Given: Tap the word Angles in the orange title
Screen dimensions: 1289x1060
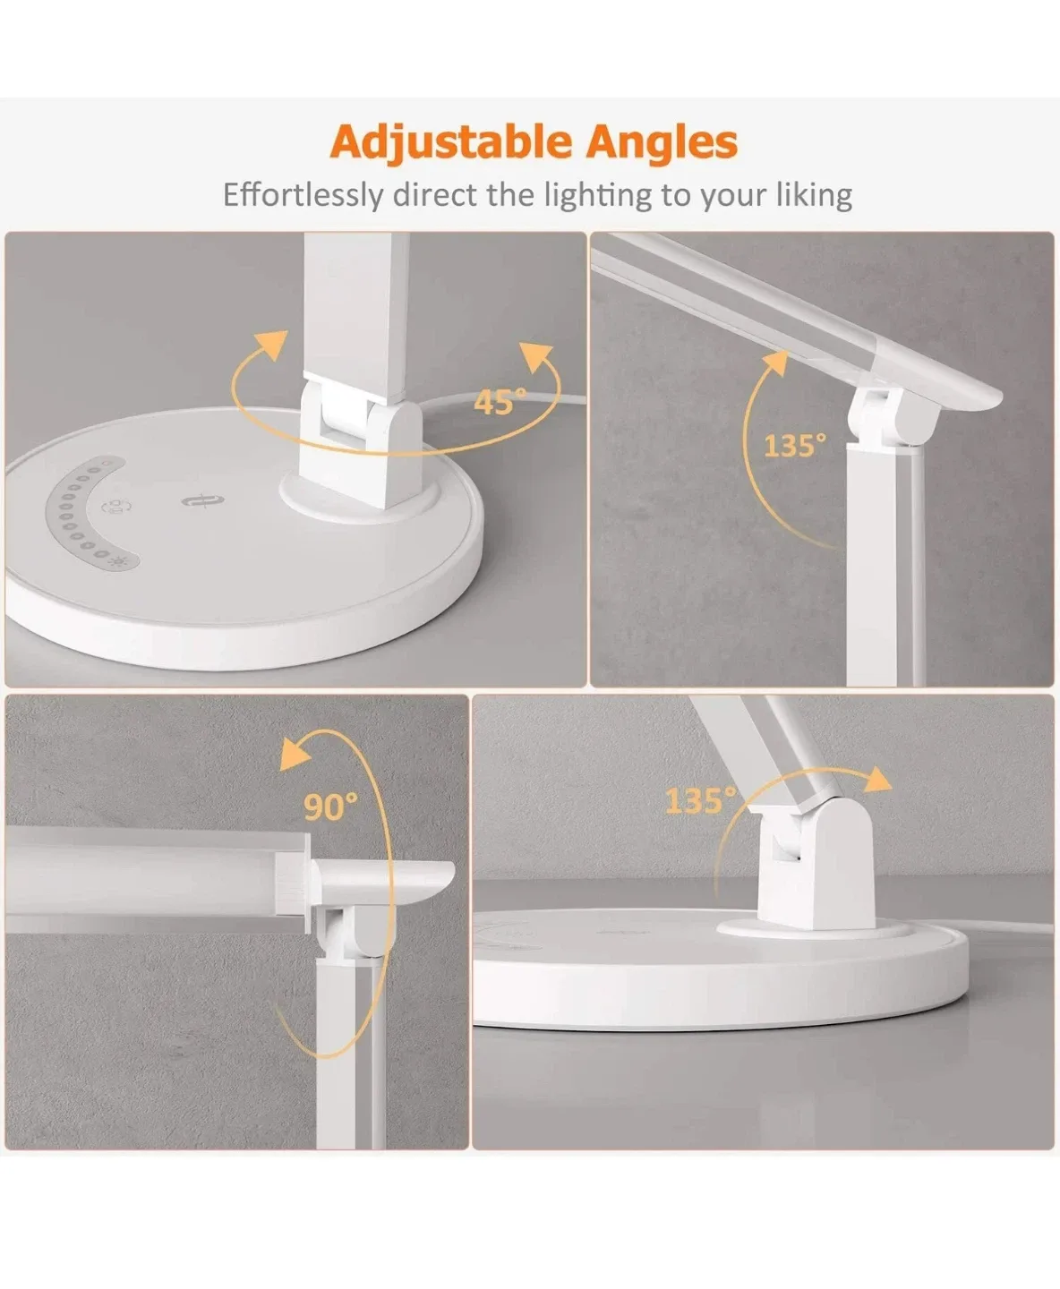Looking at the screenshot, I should pos(662,142).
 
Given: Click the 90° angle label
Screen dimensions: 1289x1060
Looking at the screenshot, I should pos(330,807).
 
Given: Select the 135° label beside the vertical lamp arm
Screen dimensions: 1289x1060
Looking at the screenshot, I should pos(794,445).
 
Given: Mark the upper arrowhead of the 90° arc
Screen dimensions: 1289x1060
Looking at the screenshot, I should pos(296,754).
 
